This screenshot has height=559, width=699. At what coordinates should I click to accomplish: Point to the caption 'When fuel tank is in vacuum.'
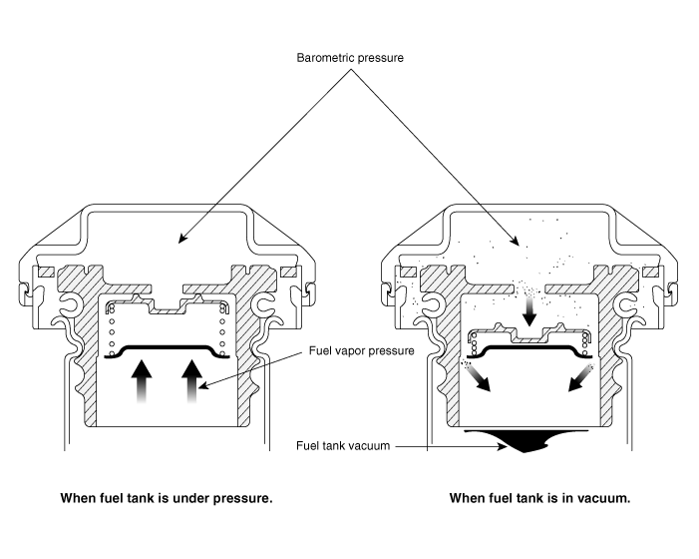pos(539,497)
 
